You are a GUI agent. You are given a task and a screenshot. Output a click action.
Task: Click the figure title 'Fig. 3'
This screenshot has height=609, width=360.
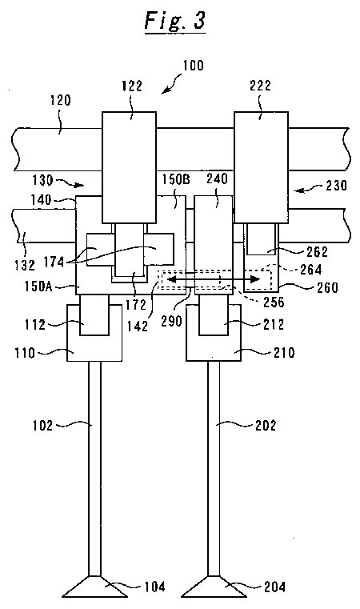pos(174,20)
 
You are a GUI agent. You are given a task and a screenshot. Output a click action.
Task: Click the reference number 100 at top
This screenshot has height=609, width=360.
pos(193,66)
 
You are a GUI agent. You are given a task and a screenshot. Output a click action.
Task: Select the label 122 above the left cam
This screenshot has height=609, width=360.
pos(132,86)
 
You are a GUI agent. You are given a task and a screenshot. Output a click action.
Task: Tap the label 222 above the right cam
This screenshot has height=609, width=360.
pos(260,86)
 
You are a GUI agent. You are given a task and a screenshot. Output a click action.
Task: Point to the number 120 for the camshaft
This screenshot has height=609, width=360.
pos(61,100)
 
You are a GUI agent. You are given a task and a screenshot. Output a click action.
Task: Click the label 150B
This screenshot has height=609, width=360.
pos(175,179)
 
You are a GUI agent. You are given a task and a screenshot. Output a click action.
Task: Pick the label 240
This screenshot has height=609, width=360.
pos(217,179)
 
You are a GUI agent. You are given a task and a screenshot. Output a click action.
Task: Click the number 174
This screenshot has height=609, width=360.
pos(54,262)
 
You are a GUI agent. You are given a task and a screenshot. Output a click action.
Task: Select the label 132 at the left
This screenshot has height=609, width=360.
pos(25,265)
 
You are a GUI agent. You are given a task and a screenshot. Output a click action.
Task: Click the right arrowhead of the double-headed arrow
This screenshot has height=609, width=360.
pos(255,278)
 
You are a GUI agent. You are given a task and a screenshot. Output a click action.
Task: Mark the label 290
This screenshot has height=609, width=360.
pos(172,321)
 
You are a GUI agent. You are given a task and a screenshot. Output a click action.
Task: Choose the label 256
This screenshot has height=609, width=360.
pos(274,302)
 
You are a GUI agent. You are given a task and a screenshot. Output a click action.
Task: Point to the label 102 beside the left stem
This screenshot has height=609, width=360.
pos(42,425)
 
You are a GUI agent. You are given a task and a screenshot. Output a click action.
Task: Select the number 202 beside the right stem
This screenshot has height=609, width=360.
pos(266,425)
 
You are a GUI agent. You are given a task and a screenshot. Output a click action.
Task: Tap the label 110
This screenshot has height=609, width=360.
pos(25,353)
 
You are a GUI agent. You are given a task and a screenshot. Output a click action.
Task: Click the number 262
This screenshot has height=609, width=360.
pos(318,251)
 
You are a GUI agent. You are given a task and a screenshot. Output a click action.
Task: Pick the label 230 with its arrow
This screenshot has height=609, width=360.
pos(320,186)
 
